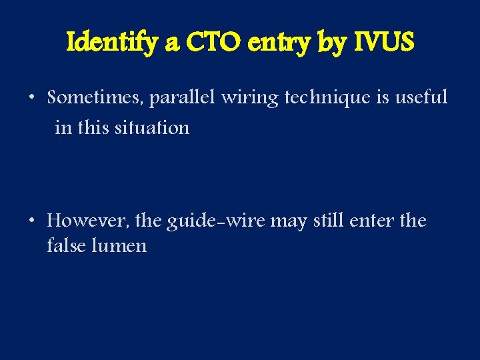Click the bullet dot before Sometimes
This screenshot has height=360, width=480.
(32, 99)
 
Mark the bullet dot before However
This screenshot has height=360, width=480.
(32, 221)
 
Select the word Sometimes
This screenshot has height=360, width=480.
(95, 99)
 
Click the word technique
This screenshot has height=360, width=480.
(327, 99)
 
